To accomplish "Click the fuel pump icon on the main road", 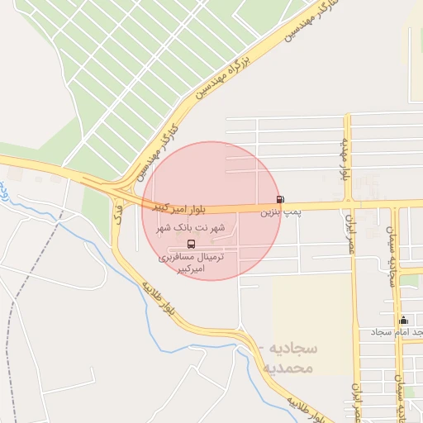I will click(x=281, y=199).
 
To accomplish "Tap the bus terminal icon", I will click(x=192, y=244).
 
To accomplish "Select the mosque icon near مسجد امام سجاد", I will click(x=403, y=320).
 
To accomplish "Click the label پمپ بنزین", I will click(x=278, y=212).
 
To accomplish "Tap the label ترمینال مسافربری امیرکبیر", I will click(x=192, y=264).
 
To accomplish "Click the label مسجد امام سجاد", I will click(x=398, y=331).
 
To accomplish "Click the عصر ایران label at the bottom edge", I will click(x=358, y=400).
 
